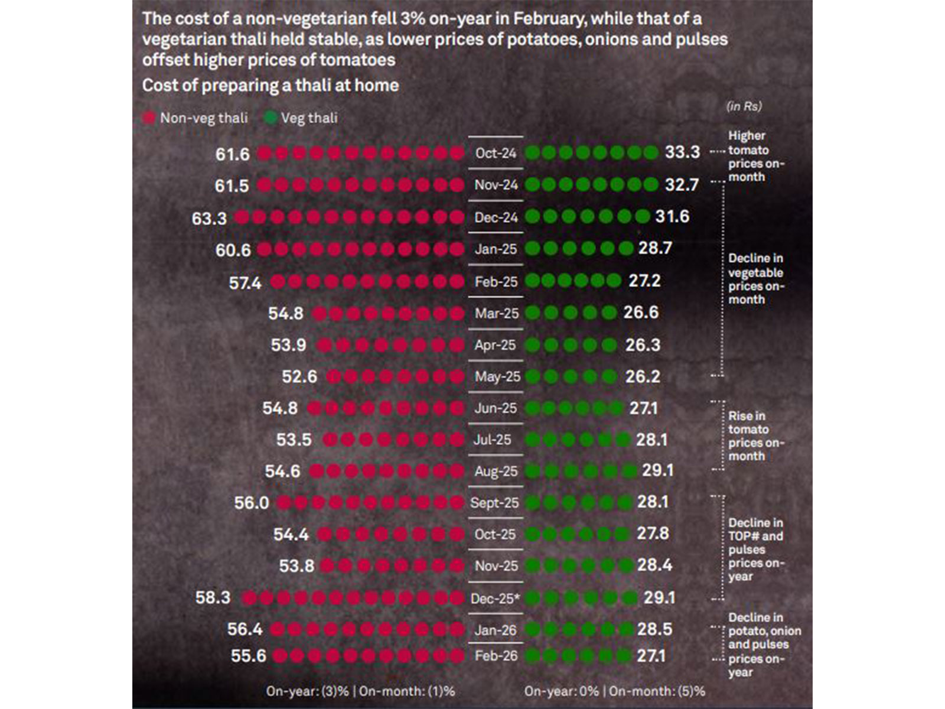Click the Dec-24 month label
pyautogui.click(x=496, y=217)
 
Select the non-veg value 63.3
pyautogui.click(x=209, y=219)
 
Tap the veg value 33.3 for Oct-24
pyautogui.click(x=682, y=152)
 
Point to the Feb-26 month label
pyautogui.click(x=496, y=656)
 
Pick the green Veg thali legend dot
pyautogui.click(x=271, y=118)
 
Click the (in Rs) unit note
pyautogui.click(x=744, y=106)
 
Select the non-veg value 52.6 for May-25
pyautogui.click(x=299, y=376)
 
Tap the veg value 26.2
pyautogui.click(x=643, y=376)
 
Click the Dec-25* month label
pyautogui.click(x=495, y=599)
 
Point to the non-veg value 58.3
pyautogui.click(x=213, y=597)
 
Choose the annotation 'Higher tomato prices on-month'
pyautogui.click(x=755, y=157)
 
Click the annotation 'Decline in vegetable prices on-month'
pyautogui.click(x=755, y=279)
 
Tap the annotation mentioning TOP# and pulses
pyautogui.click(x=755, y=549)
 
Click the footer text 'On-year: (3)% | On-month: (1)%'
pyautogui.click(x=360, y=691)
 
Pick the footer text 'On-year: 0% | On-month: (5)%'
pyautogui.click(x=614, y=691)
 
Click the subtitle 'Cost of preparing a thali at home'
pyautogui.click(x=271, y=86)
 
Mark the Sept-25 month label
pyautogui.click(x=494, y=503)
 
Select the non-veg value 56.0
pyautogui.click(x=252, y=503)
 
